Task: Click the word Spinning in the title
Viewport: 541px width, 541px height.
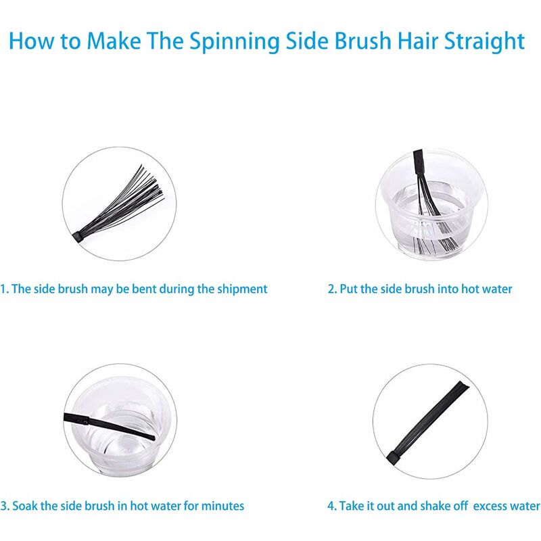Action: click(234, 42)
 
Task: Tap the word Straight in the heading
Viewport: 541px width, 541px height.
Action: click(484, 42)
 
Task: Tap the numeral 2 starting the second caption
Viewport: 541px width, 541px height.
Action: click(331, 289)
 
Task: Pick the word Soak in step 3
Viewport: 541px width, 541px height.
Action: click(25, 506)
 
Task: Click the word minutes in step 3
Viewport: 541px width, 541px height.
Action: click(222, 506)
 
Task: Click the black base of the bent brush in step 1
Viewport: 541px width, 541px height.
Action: click(77, 237)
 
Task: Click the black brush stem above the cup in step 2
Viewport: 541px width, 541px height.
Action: click(419, 162)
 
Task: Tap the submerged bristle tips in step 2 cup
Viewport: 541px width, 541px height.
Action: click(436, 244)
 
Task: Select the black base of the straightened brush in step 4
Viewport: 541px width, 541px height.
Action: click(394, 458)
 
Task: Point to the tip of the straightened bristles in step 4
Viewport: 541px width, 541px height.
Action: click(464, 385)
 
